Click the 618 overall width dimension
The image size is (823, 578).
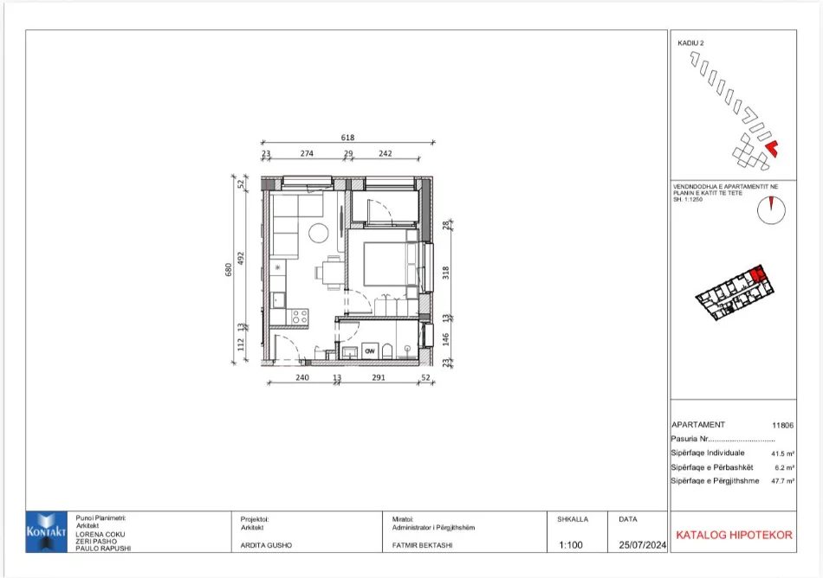pyautogui.click(x=347, y=138)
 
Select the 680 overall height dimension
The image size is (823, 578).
pyautogui.click(x=228, y=271)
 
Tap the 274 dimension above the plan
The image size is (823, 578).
pyautogui.click(x=307, y=154)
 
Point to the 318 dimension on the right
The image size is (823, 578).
pyautogui.click(x=446, y=271)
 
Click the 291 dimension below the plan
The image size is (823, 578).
pyautogui.click(x=378, y=378)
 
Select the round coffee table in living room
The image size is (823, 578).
pyautogui.click(x=319, y=234)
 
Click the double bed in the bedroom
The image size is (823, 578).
pyautogui.click(x=387, y=263)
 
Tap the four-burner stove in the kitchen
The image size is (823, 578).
pyautogui.click(x=299, y=318)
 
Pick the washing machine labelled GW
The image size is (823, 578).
pyautogui.click(x=369, y=350)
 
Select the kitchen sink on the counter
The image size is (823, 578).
pyautogui.click(x=280, y=299)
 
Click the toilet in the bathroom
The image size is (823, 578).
pyautogui.click(x=390, y=350)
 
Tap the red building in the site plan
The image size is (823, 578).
pyautogui.click(x=773, y=149)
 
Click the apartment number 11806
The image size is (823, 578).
pyautogui.click(x=781, y=425)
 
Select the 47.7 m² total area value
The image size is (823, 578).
pyautogui.click(x=781, y=480)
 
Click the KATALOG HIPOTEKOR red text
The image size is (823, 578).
pyautogui.click(x=733, y=535)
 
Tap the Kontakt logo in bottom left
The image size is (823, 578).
pyautogui.click(x=47, y=531)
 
